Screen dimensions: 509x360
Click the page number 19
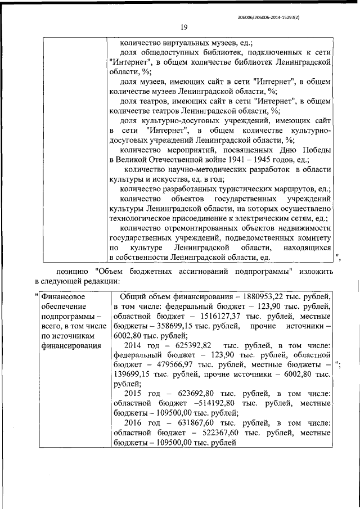(184, 26)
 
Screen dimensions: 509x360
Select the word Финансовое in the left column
(62, 296)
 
